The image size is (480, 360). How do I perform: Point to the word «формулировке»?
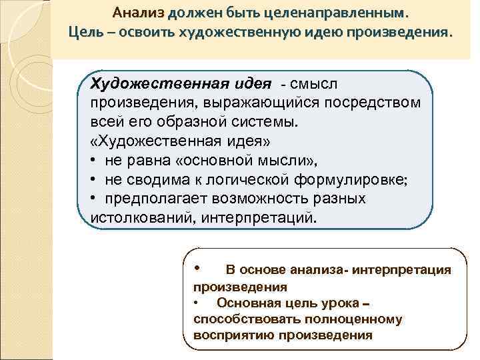pos(357,180)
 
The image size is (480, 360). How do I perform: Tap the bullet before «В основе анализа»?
pos(197,268)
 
